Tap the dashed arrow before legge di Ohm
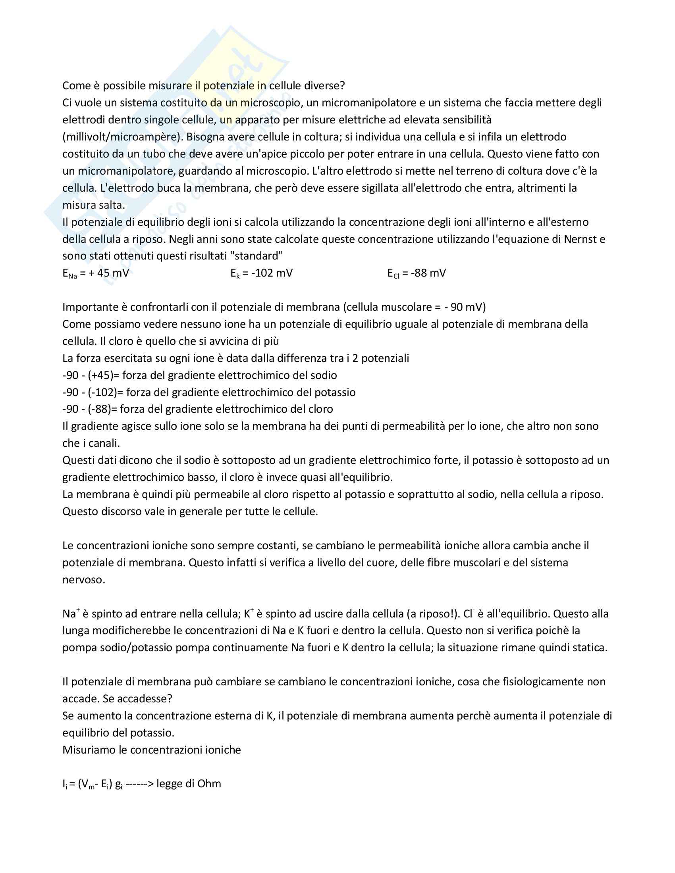(x=139, y=783)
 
